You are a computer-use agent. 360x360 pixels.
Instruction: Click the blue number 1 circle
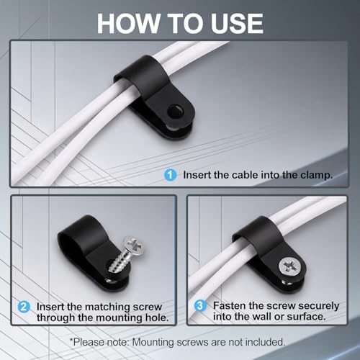click(171, 175)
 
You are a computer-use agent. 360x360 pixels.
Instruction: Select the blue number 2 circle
click(24, 307)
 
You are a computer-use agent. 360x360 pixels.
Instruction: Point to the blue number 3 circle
click(199, 306)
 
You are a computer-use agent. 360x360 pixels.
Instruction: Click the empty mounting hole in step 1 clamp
click(175, 111)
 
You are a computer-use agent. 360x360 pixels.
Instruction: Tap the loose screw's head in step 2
click(134, 246)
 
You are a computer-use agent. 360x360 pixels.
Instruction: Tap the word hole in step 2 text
click(157, 318)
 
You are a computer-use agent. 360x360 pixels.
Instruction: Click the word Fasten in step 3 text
click(229, 306)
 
